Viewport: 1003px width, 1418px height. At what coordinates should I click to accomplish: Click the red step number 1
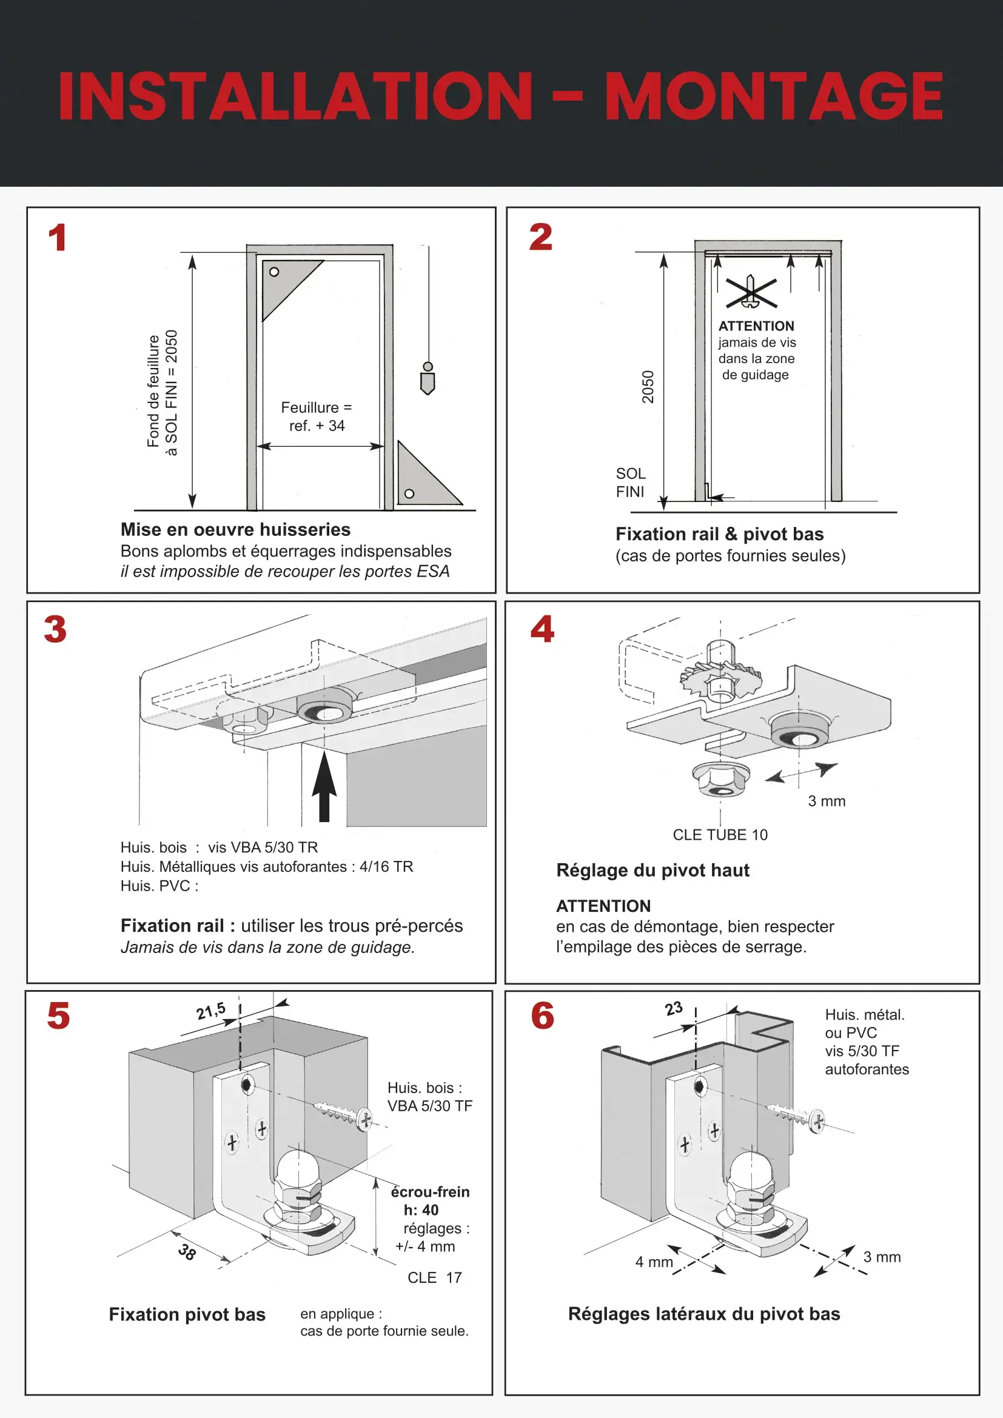pos(58,238)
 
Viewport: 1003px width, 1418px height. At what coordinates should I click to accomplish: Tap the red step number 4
pos(542,629)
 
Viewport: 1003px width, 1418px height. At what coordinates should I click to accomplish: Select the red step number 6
pos(542,1016)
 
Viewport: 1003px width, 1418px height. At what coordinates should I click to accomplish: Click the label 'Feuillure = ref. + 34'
pos(316,416)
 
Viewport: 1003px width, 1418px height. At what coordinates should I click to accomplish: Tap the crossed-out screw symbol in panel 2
pos(750,293)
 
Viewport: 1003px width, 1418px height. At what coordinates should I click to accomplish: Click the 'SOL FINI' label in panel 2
pos(631,483)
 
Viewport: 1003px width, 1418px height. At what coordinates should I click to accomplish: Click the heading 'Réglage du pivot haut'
pos(653,870)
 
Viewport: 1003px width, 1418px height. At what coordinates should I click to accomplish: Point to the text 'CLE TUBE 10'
pos(720,834)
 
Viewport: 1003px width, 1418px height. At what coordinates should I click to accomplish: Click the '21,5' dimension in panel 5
pos(210,1012)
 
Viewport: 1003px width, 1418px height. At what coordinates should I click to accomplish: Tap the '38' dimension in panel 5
pos(187,1252)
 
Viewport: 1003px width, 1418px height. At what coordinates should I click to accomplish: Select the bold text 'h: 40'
pos(421,1210)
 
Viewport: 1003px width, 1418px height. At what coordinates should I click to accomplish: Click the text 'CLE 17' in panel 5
pos(435,1277)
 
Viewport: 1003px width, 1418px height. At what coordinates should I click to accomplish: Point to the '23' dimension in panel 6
pos(674,1009)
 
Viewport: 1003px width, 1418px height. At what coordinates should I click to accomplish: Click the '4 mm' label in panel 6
pos(654,1262)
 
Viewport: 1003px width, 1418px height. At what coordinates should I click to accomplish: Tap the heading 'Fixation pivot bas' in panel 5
pos(187,1314)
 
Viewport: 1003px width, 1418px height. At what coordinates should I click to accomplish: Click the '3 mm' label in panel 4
pos(827,801)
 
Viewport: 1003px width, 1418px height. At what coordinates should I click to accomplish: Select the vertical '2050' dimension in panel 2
pos(647,387)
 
